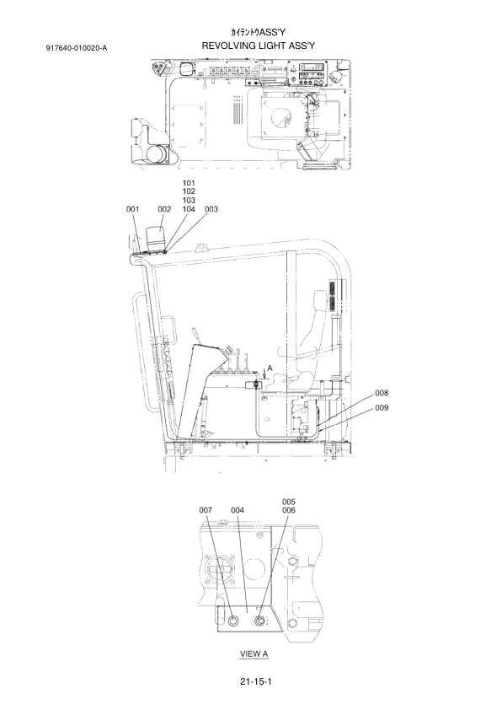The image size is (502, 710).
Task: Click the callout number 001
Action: (x=132, y=209)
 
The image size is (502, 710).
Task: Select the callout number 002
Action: (x=164, y=209)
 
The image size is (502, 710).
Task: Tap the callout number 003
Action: (x=211, y=209)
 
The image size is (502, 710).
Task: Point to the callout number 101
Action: (x=189, y=183)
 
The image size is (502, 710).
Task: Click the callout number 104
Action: (x=189, y=209)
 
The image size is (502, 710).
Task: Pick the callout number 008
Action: (x=382, y=393)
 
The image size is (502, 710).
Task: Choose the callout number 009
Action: (x=382, y=408)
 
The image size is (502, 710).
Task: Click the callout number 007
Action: (x=206, y=510)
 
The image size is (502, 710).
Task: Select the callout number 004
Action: (x=238, y=510)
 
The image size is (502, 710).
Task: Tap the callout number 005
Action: (x=289, y=502)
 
